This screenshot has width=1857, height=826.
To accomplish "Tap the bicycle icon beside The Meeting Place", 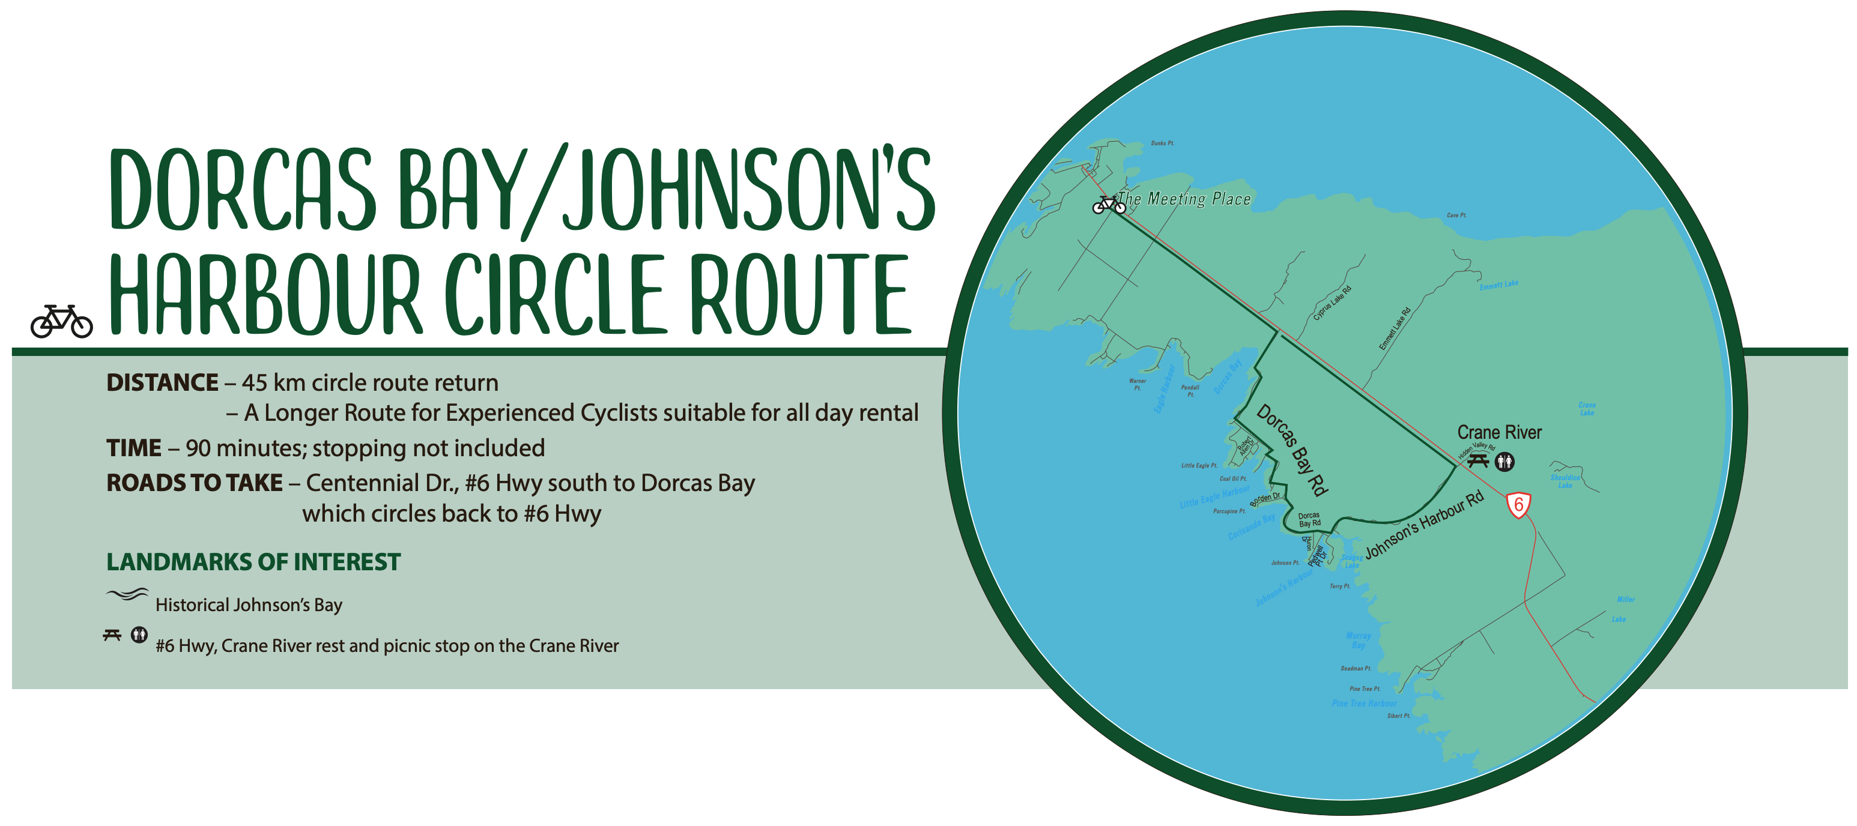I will click(1108, 205).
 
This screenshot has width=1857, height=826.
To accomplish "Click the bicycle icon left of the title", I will click(61, 322).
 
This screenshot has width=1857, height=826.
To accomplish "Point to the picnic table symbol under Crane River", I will click(1478, 460).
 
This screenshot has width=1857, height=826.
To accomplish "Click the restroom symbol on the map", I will click(1504, 461).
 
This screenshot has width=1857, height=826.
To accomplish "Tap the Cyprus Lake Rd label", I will click(1331, 303).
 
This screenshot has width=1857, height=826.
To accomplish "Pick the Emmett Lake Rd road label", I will click(1395, 329).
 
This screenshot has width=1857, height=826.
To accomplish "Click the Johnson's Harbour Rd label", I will click(1425, 524).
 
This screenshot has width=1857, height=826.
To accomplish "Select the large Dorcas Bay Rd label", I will click(1292, 450).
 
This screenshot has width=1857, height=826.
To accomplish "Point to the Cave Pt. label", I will click(1456, 215).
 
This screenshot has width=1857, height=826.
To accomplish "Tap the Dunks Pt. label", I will click(1162, 143).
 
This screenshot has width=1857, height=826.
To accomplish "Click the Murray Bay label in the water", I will click(1358, 640).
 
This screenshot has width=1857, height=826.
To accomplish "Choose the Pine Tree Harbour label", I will click(1364, 704).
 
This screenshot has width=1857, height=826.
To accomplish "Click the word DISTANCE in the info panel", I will click(162, 383).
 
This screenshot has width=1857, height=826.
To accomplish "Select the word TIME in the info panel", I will click(133, 448).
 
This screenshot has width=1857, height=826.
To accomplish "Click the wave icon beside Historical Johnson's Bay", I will click(127, 595).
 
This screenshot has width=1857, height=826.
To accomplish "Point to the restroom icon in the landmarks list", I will click(139, 635).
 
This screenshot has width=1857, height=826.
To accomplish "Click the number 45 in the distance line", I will click(255, 383).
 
